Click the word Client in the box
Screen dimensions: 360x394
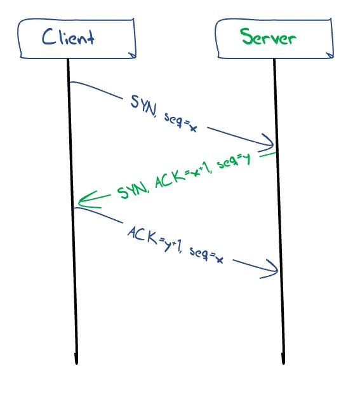[68, 37]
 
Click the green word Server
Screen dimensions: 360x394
[268, 37]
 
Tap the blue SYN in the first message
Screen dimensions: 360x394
[143, 105]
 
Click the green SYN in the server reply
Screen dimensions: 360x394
[133, 190]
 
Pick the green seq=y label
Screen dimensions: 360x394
[234, 161]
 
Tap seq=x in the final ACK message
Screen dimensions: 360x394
[206, 255]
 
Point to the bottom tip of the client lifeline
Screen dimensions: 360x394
[76, 363]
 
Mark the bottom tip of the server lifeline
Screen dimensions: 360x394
[283, 363]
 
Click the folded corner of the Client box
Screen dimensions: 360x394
[132, 55]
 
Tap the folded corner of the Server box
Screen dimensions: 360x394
[330, 55]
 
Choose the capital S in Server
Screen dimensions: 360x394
[246, 36]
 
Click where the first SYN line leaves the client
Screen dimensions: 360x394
[70, 82]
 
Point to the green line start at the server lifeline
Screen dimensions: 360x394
[275, 153]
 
